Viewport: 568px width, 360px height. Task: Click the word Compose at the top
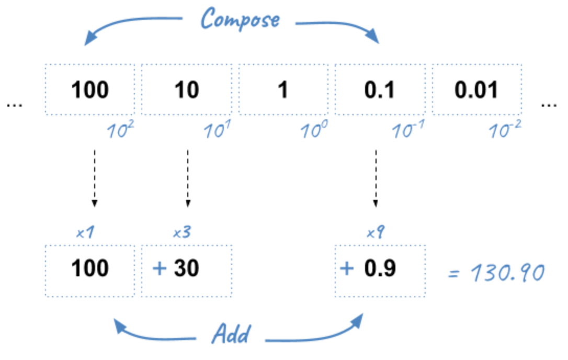[x=241, y=20]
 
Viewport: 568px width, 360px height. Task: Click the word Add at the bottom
[x=231, y=333]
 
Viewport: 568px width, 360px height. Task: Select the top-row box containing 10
[x=187, y=90]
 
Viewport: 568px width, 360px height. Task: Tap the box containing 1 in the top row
[x=283, y=90]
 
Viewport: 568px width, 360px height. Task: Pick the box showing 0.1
[x=380, y=90]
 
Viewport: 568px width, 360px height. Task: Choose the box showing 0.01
[x=476, y=90]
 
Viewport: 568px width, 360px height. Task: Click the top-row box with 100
[x=90, y=90]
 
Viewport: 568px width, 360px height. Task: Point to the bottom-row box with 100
[x=90, y=269]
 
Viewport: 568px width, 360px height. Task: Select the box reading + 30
[x=187, y=269]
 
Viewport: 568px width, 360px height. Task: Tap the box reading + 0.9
[x=380, y=269]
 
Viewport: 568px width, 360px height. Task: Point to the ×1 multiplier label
[x=85, y=232]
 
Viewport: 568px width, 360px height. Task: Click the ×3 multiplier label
[x=181, y=232]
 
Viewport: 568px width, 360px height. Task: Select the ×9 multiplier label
[x=374, y=232]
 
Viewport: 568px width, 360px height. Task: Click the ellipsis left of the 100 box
[x=15, y=105]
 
